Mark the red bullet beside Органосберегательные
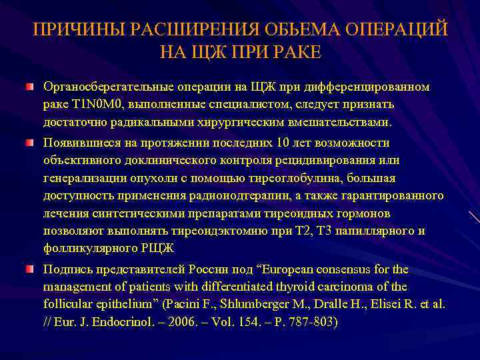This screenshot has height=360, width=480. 30,87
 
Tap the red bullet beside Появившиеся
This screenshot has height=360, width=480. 30,143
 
